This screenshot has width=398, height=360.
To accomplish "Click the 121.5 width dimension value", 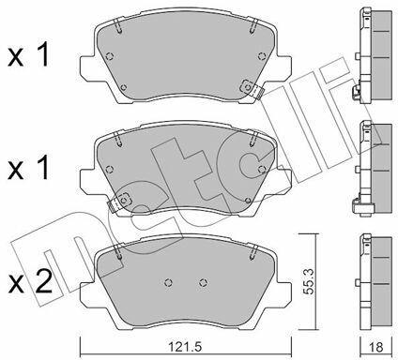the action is (185, 347).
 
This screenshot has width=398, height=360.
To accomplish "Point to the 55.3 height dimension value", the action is (310, 281).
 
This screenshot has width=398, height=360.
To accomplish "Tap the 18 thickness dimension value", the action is (376, 347).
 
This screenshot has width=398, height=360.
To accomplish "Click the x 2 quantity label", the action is (30, 283).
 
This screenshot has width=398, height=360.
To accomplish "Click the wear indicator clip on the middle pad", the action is (119, 202).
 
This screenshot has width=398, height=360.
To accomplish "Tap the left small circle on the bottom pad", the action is (168, 282).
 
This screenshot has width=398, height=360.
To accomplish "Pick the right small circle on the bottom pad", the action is (204, 282).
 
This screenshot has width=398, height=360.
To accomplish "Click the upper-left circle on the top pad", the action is (109, 56).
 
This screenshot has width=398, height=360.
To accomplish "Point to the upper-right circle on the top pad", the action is (262, 56).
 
